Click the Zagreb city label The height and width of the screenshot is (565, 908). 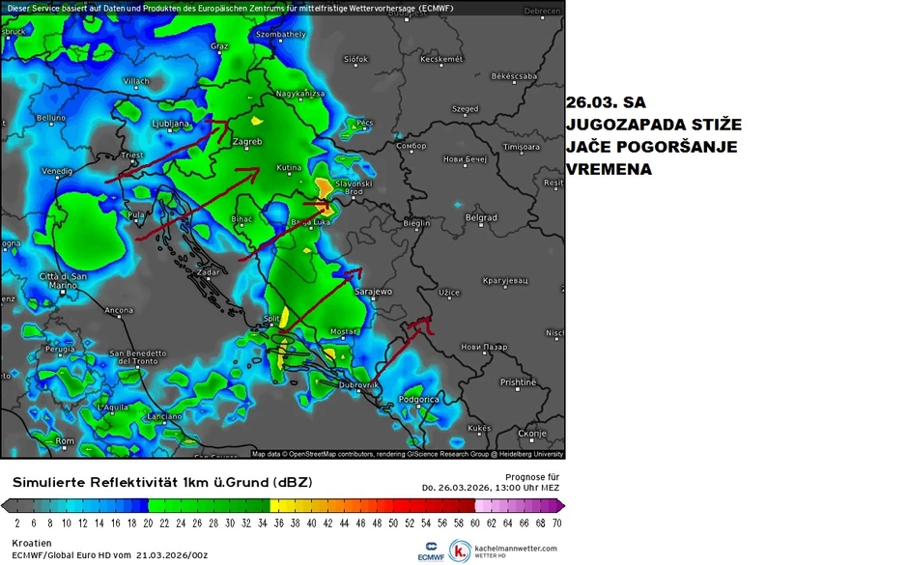(248, 142)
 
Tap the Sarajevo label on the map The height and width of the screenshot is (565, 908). (373, 291)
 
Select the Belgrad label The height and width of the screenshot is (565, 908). (481, 218)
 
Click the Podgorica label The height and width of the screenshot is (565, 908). (421, 399)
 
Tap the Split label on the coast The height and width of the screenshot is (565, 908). (271, 318)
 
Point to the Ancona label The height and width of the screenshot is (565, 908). (119, 310)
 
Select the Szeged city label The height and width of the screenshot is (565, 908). (466, 109)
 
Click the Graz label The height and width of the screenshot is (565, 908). (219, 46)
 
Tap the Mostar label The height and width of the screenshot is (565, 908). (344, 331)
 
